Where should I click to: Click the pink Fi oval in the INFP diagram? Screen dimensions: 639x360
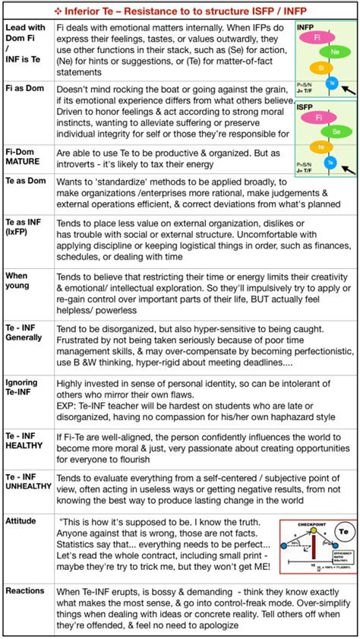321,46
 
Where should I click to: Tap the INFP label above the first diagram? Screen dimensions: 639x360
305,27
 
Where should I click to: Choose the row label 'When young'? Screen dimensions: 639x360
18,280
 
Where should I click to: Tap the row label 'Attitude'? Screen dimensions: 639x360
21,521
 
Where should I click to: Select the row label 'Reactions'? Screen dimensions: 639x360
25,590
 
